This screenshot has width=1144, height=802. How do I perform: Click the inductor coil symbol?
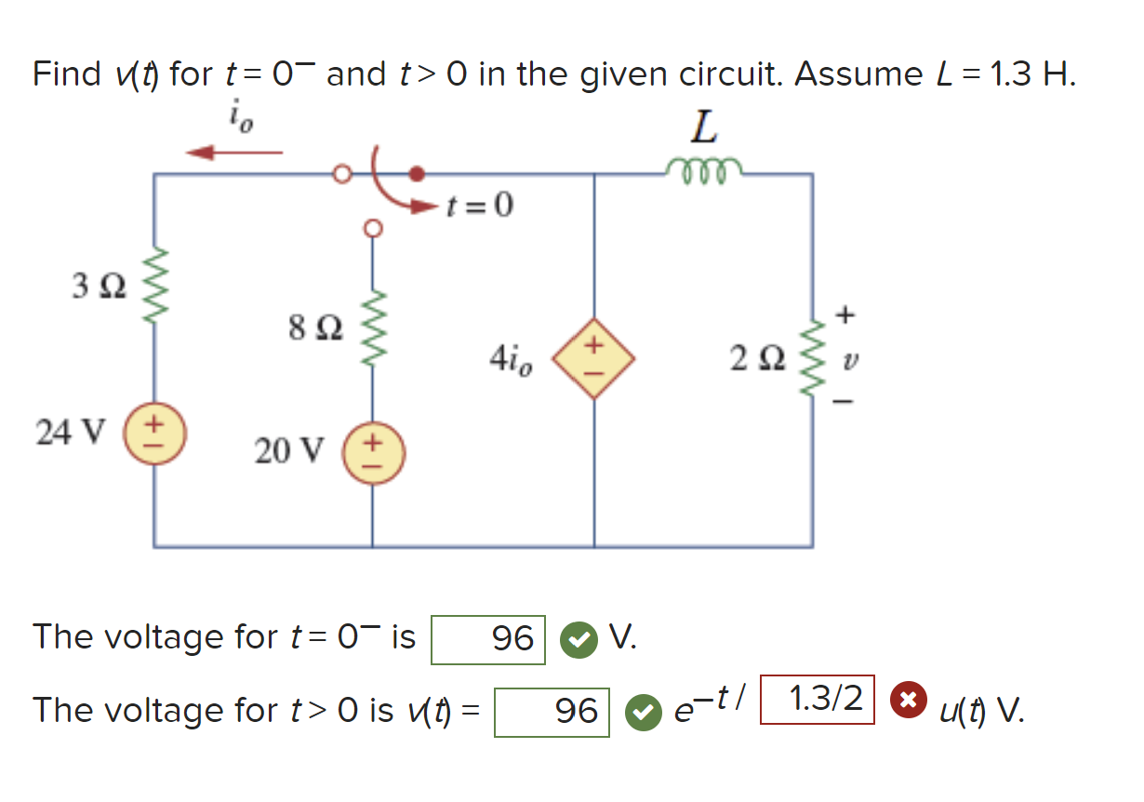point(704,168)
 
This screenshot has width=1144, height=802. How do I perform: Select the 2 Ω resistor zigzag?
point(813,357)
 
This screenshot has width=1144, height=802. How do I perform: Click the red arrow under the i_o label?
point(233,152)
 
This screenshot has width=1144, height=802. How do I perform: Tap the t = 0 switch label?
point(479,204)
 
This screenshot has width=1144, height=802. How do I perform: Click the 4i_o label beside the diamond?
point(511,358)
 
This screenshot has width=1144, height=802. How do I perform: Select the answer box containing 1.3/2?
point(818,699)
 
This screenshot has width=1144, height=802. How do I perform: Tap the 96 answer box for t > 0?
point(552,712)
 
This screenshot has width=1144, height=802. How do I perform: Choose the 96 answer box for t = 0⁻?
point(488,638)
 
